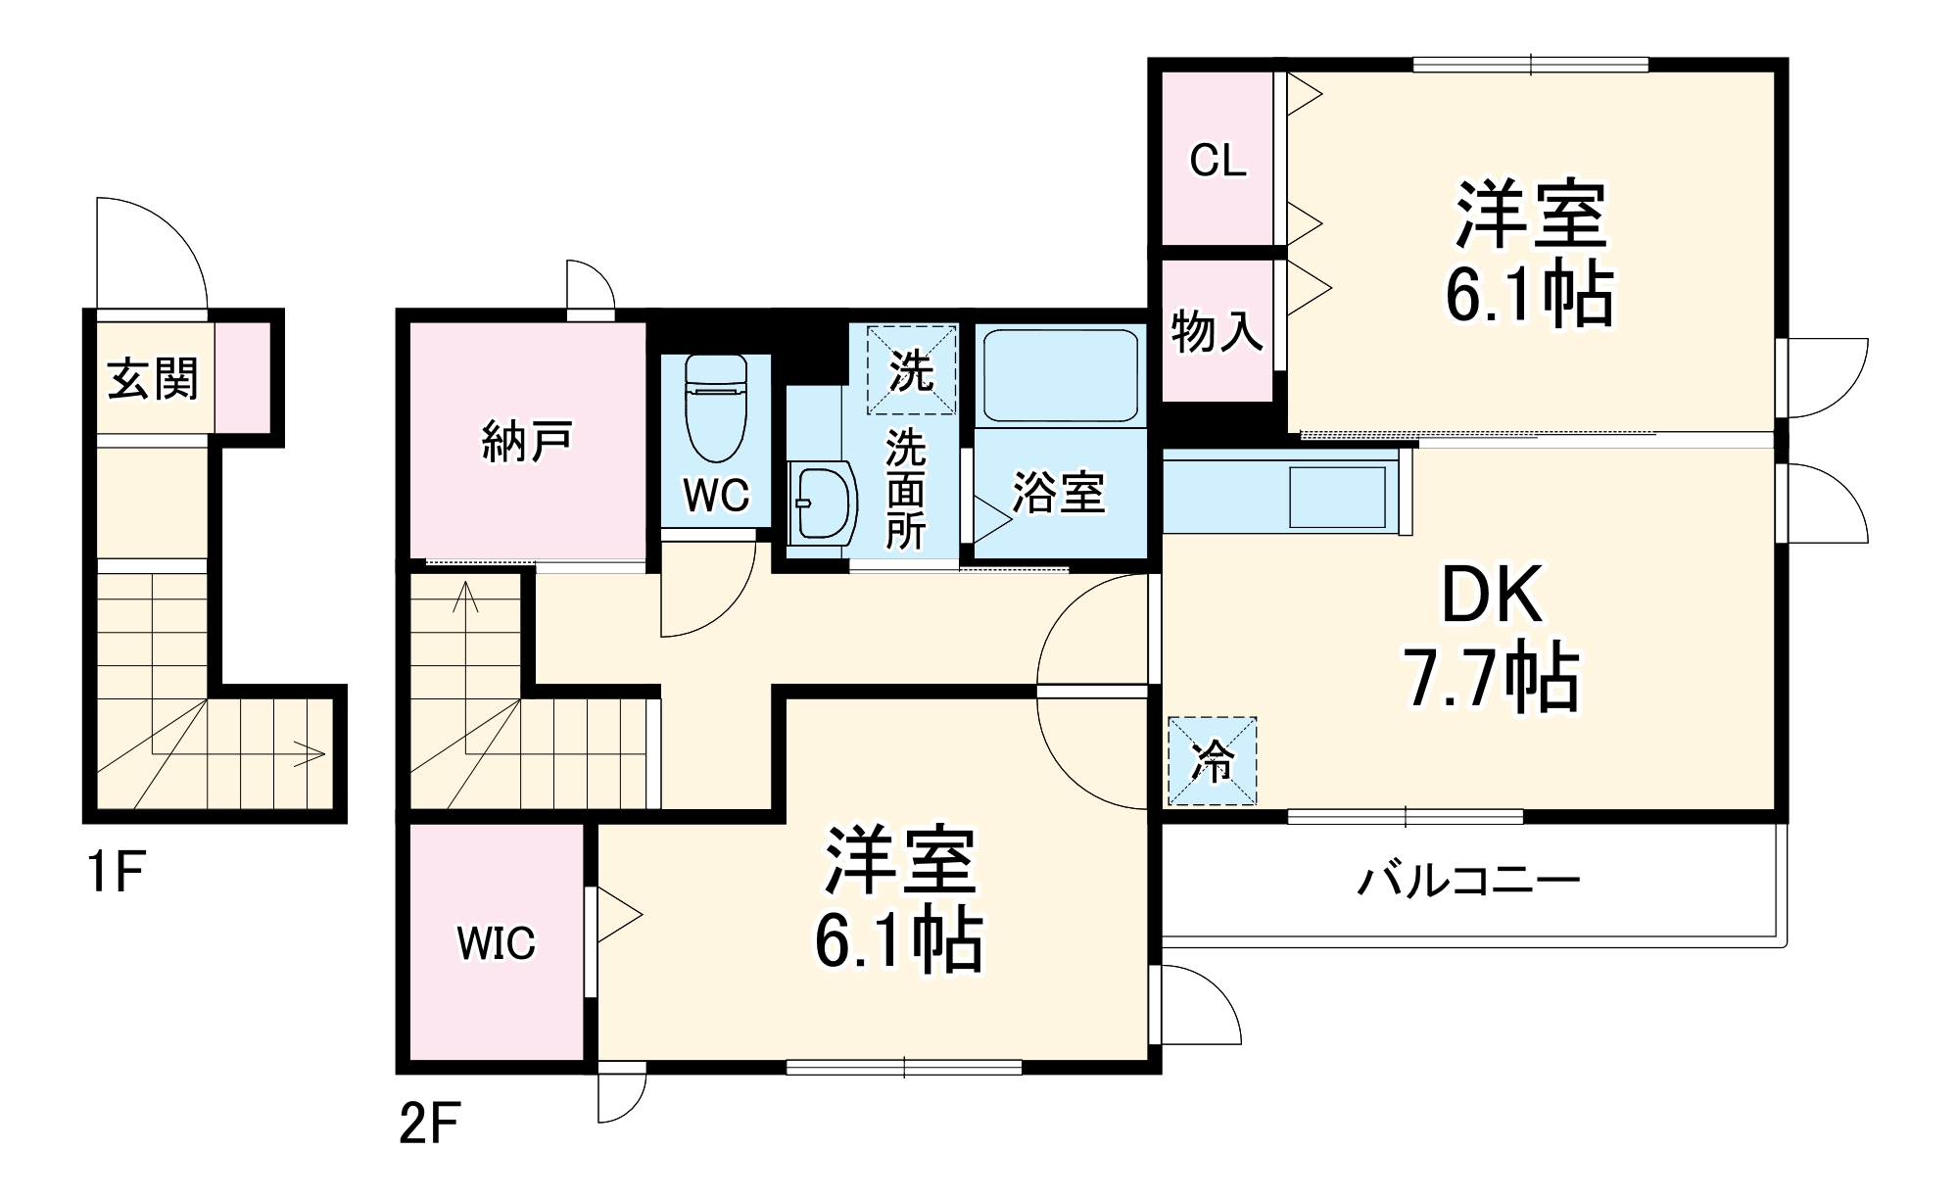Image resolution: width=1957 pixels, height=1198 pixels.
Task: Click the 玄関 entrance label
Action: pos(153,378)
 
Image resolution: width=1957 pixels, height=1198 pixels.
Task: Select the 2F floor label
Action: pos(429,1125)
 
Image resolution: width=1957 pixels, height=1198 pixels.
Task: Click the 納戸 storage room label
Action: pos(526,442)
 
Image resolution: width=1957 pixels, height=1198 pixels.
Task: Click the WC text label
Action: pos(716,496)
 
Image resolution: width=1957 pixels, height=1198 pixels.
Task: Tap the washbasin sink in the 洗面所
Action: pos(823,503)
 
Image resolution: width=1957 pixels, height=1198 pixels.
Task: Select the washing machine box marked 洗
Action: pos(911,369)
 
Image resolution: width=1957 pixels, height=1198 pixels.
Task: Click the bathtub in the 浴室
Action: pos(1060,375)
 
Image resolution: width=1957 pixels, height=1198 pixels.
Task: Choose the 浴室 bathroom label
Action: pos(1058,492)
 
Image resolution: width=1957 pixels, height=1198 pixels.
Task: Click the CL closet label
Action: pos(1217,160)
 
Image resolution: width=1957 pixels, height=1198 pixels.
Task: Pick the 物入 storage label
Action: pos(1217,331)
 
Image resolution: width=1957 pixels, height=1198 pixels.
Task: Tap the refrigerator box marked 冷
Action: pos(1212,761)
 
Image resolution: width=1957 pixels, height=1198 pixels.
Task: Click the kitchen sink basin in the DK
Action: pos(1336,497)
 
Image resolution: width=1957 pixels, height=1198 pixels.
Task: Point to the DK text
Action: pos(1491,595)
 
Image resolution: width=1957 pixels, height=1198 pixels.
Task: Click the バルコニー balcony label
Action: pos(1467,881)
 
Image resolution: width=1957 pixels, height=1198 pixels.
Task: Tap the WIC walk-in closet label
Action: pos(496,942)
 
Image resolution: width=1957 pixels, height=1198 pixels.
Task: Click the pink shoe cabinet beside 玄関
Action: pos(241,376)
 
